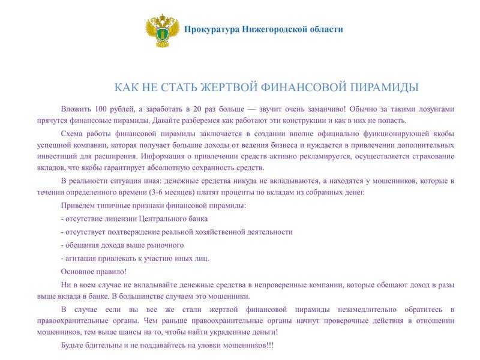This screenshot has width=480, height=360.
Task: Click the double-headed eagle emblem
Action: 163,32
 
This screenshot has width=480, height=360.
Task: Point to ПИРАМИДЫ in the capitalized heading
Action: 382,88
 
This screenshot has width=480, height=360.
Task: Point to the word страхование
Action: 428,157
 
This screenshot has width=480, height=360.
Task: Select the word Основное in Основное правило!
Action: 79,271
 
